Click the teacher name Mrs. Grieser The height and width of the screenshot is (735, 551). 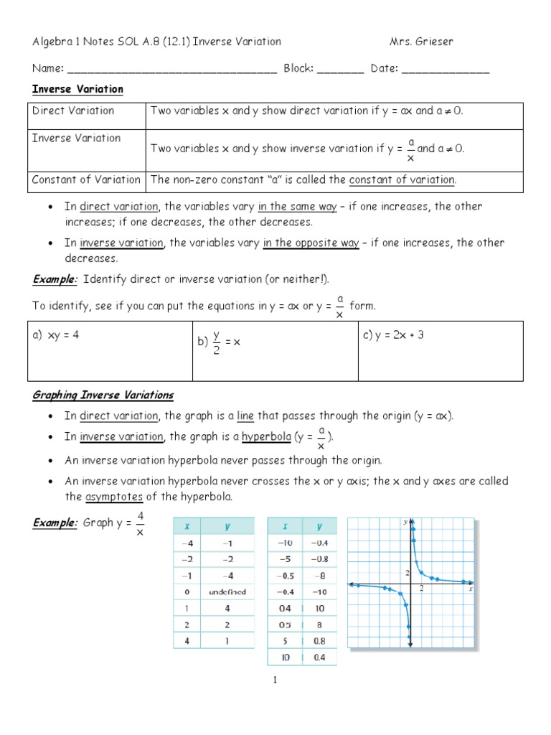pos(421,42)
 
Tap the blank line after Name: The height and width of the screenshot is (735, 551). pos(171,70)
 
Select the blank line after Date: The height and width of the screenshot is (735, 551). pos(446,70)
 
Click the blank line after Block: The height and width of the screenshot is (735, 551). pos(340,70)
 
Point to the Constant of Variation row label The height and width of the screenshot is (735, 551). pos(86,180)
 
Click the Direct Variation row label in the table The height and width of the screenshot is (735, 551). pos(73,111)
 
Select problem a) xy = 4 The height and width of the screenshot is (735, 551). pos(55,334)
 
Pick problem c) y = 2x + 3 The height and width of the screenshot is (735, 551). pos(394,334)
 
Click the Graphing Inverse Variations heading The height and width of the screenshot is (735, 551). pos(103,395)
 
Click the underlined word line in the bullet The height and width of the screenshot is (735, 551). pos(248,416)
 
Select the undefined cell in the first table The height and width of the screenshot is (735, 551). pos(227,591)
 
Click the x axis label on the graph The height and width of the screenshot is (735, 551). pos(470,589)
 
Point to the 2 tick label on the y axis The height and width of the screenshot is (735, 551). pos(405,572)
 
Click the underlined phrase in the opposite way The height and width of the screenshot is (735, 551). pos(311,243)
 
